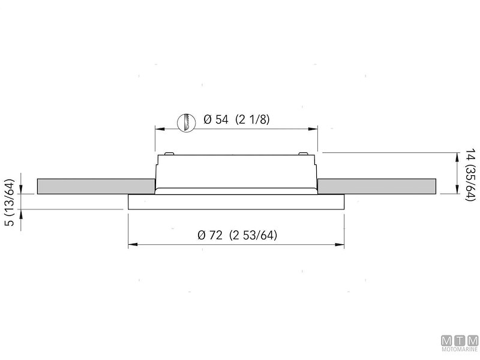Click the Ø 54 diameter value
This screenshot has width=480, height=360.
click(216, 119)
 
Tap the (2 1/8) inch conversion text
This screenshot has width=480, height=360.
click(253, 119)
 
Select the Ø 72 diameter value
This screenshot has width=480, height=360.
click(209, 235)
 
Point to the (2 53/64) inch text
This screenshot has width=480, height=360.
click(253, 235)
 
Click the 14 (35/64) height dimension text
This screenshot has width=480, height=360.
click(471, 175)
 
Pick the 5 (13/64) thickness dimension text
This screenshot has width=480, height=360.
click(10, 202)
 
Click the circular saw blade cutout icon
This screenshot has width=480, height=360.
click(187, 122)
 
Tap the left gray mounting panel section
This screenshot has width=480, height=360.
click(96, 186)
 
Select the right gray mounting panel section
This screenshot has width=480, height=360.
click(377, 186)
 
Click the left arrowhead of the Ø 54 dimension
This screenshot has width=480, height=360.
click(160, 129)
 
